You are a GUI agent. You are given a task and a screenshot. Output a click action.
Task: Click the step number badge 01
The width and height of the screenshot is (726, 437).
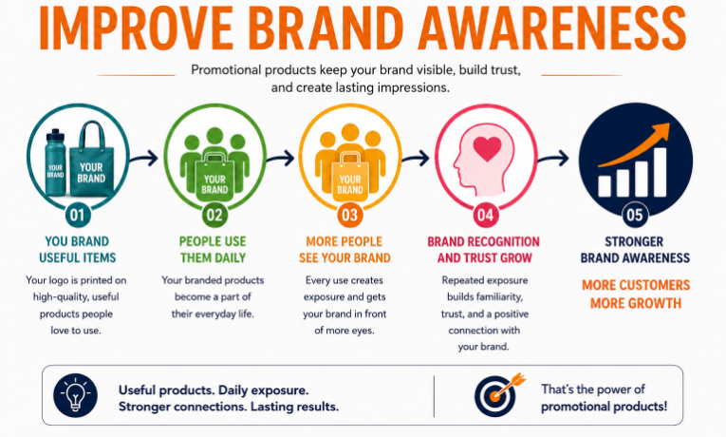pos(78,215)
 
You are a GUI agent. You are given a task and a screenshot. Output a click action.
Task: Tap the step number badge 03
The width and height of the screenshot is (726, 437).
pos(350,215)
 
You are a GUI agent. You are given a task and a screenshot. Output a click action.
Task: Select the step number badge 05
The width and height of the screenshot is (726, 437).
pos(635,215)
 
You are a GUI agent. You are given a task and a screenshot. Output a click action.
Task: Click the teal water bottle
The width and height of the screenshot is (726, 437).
pos(56,162)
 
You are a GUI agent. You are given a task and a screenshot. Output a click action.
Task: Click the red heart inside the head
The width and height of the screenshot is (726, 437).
pos(487,148)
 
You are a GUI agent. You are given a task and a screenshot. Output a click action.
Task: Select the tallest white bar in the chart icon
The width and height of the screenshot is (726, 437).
pos(660,172)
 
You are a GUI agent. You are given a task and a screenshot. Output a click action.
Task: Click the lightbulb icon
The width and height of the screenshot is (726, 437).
pos(76,395)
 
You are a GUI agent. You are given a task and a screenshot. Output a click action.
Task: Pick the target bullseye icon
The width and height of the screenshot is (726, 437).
pos(498,395)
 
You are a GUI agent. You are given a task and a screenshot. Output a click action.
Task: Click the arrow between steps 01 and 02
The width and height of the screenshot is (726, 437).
pos(143,159)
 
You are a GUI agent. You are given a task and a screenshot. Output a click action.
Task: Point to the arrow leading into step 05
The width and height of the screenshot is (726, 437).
pos(553,159)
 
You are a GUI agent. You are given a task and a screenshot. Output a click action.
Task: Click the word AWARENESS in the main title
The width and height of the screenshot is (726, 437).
pos(552,28)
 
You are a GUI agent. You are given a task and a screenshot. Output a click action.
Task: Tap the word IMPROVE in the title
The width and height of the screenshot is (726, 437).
pos(137,28)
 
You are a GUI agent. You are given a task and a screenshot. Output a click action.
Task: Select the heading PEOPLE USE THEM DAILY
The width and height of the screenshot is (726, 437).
pos(213,249)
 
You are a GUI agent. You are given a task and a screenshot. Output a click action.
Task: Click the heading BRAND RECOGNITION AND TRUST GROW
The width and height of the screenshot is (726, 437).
pos(484,249)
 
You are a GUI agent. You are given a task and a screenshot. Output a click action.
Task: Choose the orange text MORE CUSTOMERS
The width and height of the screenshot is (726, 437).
pos(636,285)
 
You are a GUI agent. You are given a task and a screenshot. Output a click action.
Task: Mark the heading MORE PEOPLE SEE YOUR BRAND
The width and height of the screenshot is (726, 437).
pos(344,249)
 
